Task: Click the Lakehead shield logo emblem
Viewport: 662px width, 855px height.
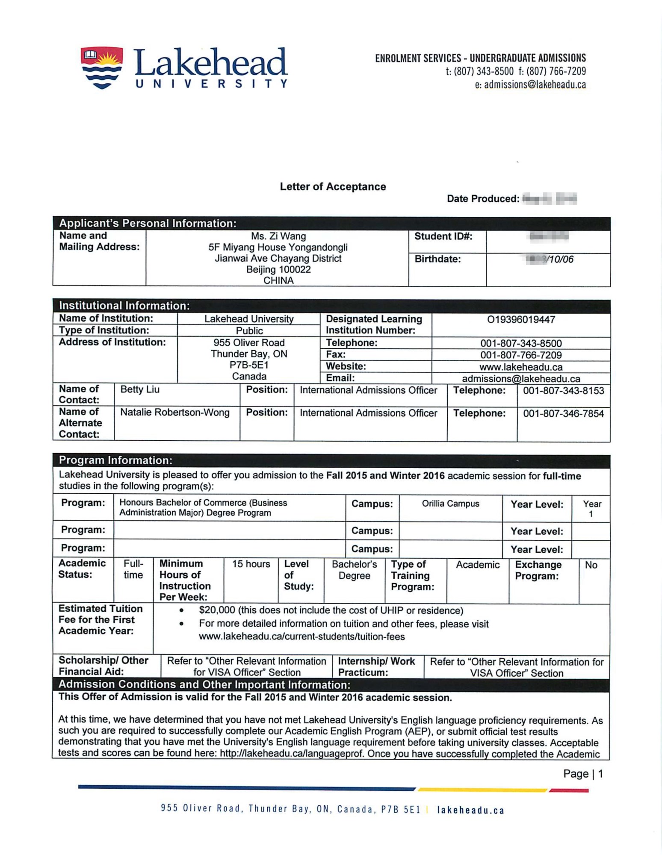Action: (x=102, y=68)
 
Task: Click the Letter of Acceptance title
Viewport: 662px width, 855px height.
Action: (x=333, y=187)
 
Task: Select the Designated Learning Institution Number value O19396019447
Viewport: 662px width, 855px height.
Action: (x=521, y=320)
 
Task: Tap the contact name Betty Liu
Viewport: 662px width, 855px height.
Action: (x=140, y=389)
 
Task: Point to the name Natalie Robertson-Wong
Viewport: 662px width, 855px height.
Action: (x=174, y=413)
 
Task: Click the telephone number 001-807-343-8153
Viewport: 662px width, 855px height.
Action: (x=563, y=391)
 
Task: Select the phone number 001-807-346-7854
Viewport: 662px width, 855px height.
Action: (x=563, y=413)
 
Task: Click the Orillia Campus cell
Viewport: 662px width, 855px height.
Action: (x=450, y=504)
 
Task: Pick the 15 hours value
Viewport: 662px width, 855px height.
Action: (x=251, y=564)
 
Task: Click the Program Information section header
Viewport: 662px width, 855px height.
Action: (x=115, y=460)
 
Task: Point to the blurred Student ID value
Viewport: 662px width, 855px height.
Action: (x=549, y=236)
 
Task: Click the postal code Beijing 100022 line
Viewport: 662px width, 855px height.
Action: (x=278, y=270)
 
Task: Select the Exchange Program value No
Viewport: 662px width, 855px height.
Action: (x=591, y=565)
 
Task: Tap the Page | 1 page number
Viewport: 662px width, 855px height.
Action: (x=583, y=774)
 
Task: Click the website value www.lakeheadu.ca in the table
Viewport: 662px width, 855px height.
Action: (x=520, y=367)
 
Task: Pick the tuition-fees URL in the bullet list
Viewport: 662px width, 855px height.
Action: (x=301, y=637)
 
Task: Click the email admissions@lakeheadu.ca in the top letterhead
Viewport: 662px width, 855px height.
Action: (x=535, y=85)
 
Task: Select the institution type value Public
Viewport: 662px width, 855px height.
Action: (x=249, y=331)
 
